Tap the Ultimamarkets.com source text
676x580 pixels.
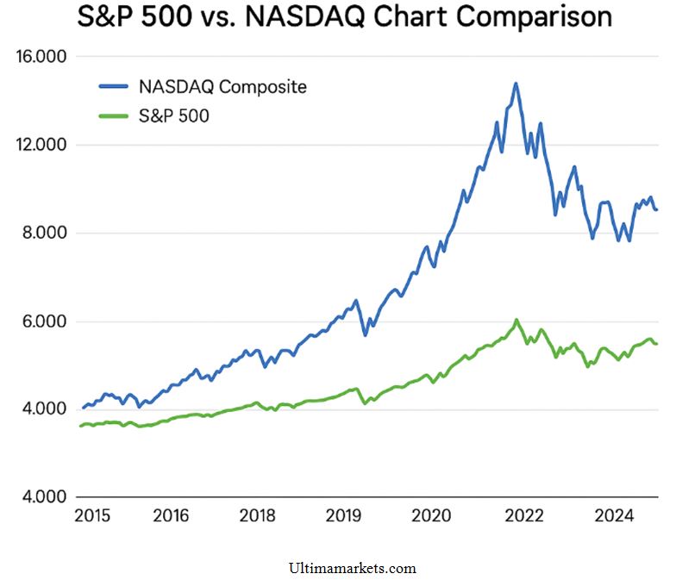[354, 568]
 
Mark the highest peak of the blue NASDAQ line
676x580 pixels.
[516, 84]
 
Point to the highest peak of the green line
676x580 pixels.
[516, 320]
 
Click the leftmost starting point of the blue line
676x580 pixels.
[83, 408]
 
